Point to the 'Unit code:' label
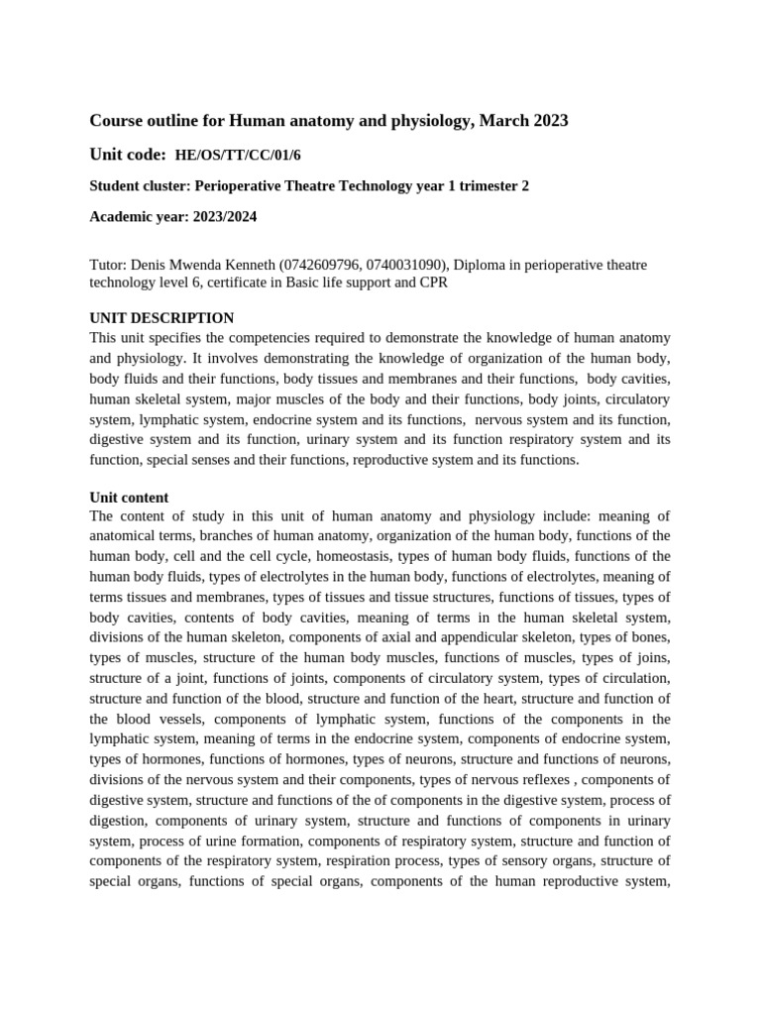click(128, 154)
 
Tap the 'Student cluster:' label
click(140, 186)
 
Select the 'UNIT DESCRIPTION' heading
click(162, 318)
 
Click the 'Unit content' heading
click(129, 498)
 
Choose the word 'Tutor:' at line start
click(108, 266)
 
